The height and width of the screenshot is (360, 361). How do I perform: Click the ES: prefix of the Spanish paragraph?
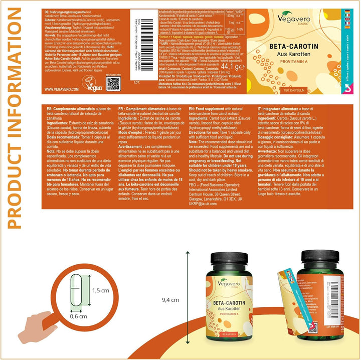pos(49,122)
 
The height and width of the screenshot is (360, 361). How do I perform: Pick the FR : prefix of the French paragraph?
pos(128,122)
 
